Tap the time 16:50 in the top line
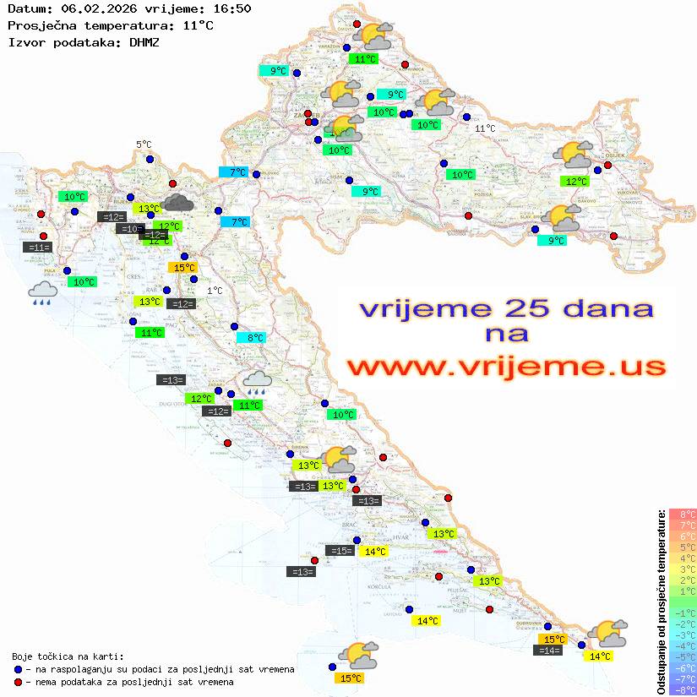(x=231, y=9)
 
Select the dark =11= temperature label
(x=39, y=248)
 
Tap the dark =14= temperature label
(x=548, y=651)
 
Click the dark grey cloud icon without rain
(x=177, y=201)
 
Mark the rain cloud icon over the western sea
(x=42, y=293)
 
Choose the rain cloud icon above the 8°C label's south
(x=258, y=382)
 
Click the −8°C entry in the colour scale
(x=683, y=689)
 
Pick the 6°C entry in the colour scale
(x=683, y=536)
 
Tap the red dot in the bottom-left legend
(x=19, y=682)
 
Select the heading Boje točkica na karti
(x=68, y=656)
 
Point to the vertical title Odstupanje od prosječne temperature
(x=661, y=602)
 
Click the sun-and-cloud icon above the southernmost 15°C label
(x=357, y=655)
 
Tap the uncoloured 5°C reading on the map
(x=144, y=144)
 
